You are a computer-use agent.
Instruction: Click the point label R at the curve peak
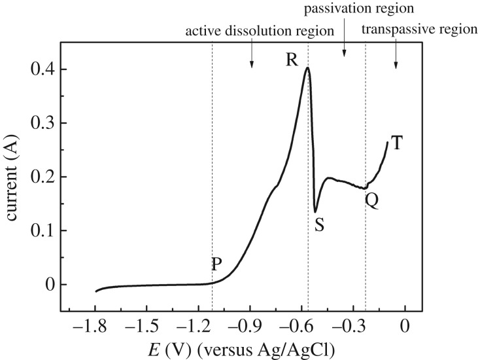[292, 60]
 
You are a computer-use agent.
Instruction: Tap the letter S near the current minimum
[320, 225]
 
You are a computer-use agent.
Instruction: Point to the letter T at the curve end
[396, 143]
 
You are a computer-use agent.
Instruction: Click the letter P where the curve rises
[216, 264]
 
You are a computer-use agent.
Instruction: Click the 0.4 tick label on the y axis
[41, 69]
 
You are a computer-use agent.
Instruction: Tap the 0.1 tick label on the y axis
[41, 230]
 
